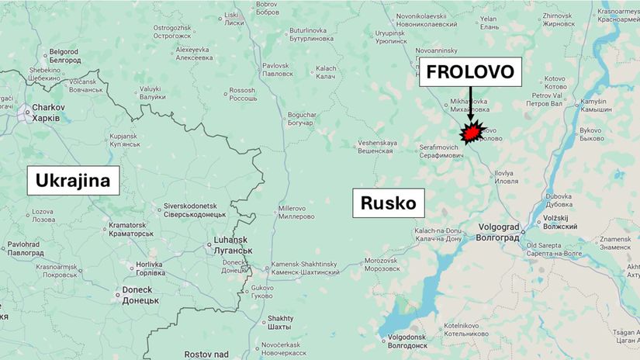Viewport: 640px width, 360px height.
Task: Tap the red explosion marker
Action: point(471,133)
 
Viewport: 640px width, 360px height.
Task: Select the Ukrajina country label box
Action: point(74,182)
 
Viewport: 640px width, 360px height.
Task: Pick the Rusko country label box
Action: point(388,205)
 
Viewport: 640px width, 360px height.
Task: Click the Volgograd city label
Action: point(498,233)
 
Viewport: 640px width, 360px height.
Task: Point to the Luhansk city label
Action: point(230,245)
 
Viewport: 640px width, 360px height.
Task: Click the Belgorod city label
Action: point(65,56)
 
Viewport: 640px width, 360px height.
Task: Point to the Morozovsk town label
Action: point(382,265)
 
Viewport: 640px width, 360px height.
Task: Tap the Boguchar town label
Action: point(295,119)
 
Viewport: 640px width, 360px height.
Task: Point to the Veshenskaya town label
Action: point(378,147)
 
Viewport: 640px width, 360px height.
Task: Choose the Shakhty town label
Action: point(281,322)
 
